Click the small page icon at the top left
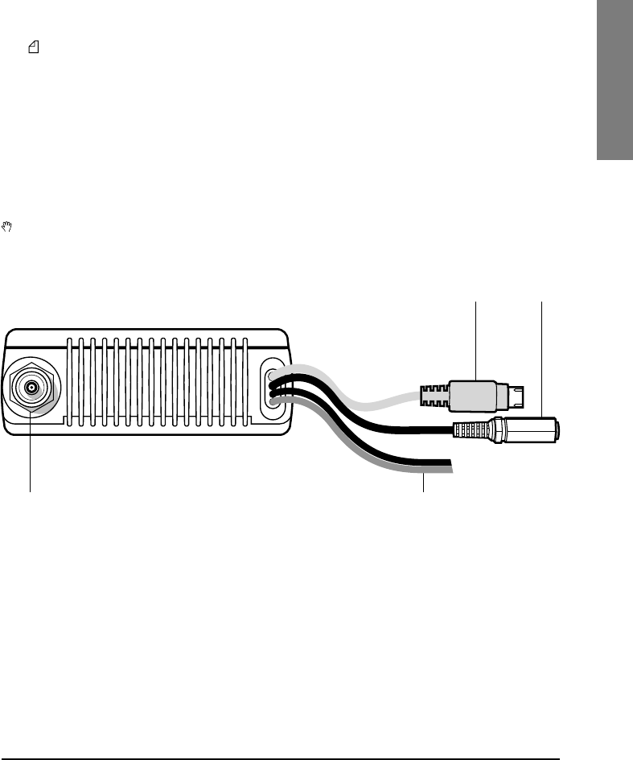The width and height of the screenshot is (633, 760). coord(34,49)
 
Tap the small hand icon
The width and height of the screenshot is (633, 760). coord(8,228)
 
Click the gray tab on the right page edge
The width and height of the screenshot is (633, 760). coord(614,80)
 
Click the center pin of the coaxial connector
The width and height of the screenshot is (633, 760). coord(31,388)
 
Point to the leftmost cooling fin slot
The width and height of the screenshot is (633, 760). coord(72,381)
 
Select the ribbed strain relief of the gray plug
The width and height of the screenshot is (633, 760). coord(433,396)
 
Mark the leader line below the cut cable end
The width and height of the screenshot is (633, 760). coord(423,483)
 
